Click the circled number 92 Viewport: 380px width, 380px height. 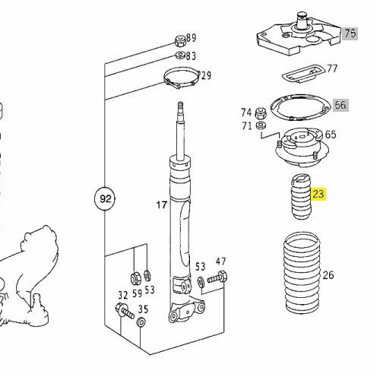(x=104, y=199)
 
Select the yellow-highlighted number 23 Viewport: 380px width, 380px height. (x=318, y=195)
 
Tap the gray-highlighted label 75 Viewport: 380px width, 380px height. (x=350, y=33)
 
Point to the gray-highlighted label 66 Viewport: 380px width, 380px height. (x=340, y=105)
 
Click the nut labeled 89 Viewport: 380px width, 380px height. (x=181, y=42)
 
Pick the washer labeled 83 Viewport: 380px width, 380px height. (x=181, y=55)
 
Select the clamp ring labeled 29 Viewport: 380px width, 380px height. (x=182, y=78)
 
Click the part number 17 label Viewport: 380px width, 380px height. (x=162, y=204)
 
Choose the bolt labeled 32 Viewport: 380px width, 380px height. (x=125, y=311)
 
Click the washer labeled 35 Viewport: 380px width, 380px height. (x=141, y=322)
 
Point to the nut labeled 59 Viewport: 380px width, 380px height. (x=135, y=278)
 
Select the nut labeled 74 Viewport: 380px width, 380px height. (x=261, y=113)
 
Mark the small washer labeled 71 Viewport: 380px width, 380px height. (x=261, y=125)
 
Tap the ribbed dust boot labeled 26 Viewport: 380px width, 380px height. (x=302, y=273)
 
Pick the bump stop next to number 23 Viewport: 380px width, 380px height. (x=301, y=197)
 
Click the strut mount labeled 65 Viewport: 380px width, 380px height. (x=302, y=147)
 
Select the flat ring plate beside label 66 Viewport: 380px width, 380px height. (x=301, y=107)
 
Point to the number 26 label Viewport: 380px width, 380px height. (x=328, y=275)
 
